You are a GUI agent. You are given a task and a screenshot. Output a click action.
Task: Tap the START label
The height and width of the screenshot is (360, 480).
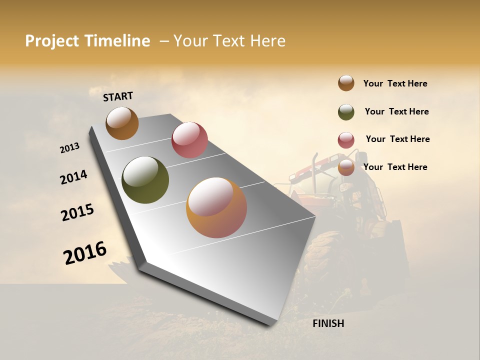click(x=118, y=96)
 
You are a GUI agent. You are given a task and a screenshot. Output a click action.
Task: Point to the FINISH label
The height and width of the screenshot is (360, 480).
click(x=328, y=323)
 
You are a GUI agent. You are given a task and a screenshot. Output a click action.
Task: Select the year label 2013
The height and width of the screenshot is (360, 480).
click(x=69, y=148)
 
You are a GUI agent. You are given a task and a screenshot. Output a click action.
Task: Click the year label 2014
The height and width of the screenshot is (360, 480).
click(x=73, y=177)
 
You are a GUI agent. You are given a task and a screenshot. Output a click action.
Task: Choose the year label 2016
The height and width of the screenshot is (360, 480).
click(x=85, y=252)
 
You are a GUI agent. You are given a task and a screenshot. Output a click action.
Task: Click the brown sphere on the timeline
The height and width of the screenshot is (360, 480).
click(x=122, y=123)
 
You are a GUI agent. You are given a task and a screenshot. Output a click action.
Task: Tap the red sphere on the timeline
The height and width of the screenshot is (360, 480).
click(x=189, y=139)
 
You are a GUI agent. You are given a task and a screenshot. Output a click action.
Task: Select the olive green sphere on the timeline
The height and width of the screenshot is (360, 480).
click(x=145, y=180)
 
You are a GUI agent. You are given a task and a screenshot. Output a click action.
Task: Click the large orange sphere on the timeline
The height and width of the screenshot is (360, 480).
click(x=216, y=207)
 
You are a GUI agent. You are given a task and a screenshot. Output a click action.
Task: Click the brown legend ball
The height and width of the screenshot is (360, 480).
click(x=346, y=83)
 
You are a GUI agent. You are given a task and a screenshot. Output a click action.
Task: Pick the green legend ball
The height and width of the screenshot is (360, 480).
click(x=346, y=112)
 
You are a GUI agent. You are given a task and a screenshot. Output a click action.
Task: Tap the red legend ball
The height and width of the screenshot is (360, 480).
click(x=346, y=140)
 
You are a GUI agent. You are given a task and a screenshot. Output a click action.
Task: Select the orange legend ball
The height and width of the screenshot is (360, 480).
click(x=346, y=168)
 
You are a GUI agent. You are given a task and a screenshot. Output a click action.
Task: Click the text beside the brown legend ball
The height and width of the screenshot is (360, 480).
click(x=395, y=83)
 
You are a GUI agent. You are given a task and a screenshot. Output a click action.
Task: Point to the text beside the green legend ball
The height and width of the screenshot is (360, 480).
click(x=396, y=111)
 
